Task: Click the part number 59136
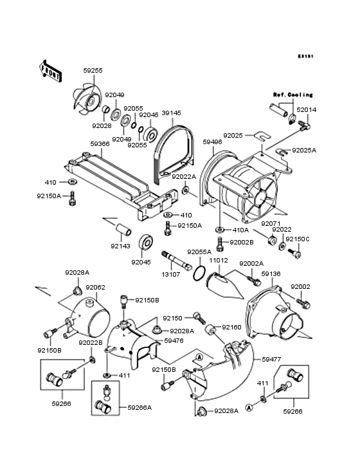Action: click(271, 274)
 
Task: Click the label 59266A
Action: click(139, 407)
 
